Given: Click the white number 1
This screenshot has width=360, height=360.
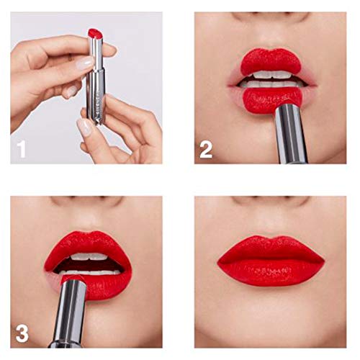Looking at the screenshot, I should point(22,150).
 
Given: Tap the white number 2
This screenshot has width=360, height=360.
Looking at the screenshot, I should point(206,150).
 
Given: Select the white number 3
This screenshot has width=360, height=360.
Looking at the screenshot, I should point(22,333).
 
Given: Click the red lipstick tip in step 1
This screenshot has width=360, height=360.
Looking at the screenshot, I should point(94,33).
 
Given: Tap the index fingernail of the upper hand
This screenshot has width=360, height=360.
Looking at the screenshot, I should point(85,63).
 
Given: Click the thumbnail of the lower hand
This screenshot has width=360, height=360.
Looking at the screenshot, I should point(86,127).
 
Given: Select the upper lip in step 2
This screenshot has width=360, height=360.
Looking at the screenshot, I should point(270,61).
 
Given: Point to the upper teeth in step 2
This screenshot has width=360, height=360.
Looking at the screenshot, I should point(271,74).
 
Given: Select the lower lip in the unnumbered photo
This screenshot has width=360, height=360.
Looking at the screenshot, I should point(270,272).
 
